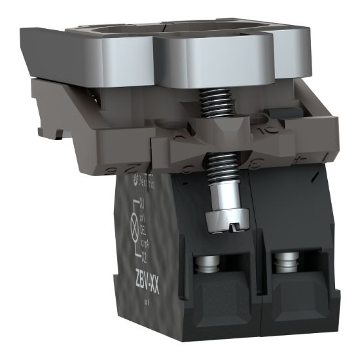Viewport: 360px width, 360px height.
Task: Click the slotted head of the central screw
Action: tap(223, 221)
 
